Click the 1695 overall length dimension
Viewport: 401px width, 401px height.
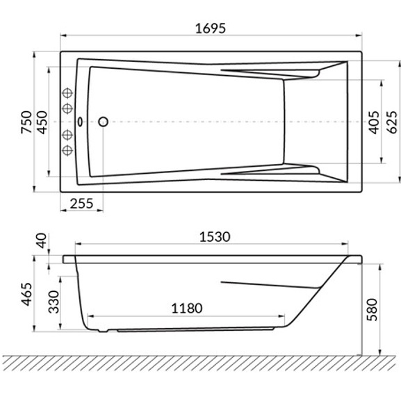point(211,28)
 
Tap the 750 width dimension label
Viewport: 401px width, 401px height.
point(26,122)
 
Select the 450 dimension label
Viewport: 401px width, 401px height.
point(42,122)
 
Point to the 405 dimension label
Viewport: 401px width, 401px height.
point(374,122)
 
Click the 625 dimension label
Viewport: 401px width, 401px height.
point(391,122)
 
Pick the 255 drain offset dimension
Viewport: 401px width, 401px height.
point(81,204)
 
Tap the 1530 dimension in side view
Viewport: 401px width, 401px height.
point(215,237)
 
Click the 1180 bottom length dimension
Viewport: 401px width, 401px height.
point(187,308)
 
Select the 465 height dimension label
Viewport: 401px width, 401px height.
point(26,294)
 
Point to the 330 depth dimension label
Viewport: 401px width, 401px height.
point(54,302)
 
